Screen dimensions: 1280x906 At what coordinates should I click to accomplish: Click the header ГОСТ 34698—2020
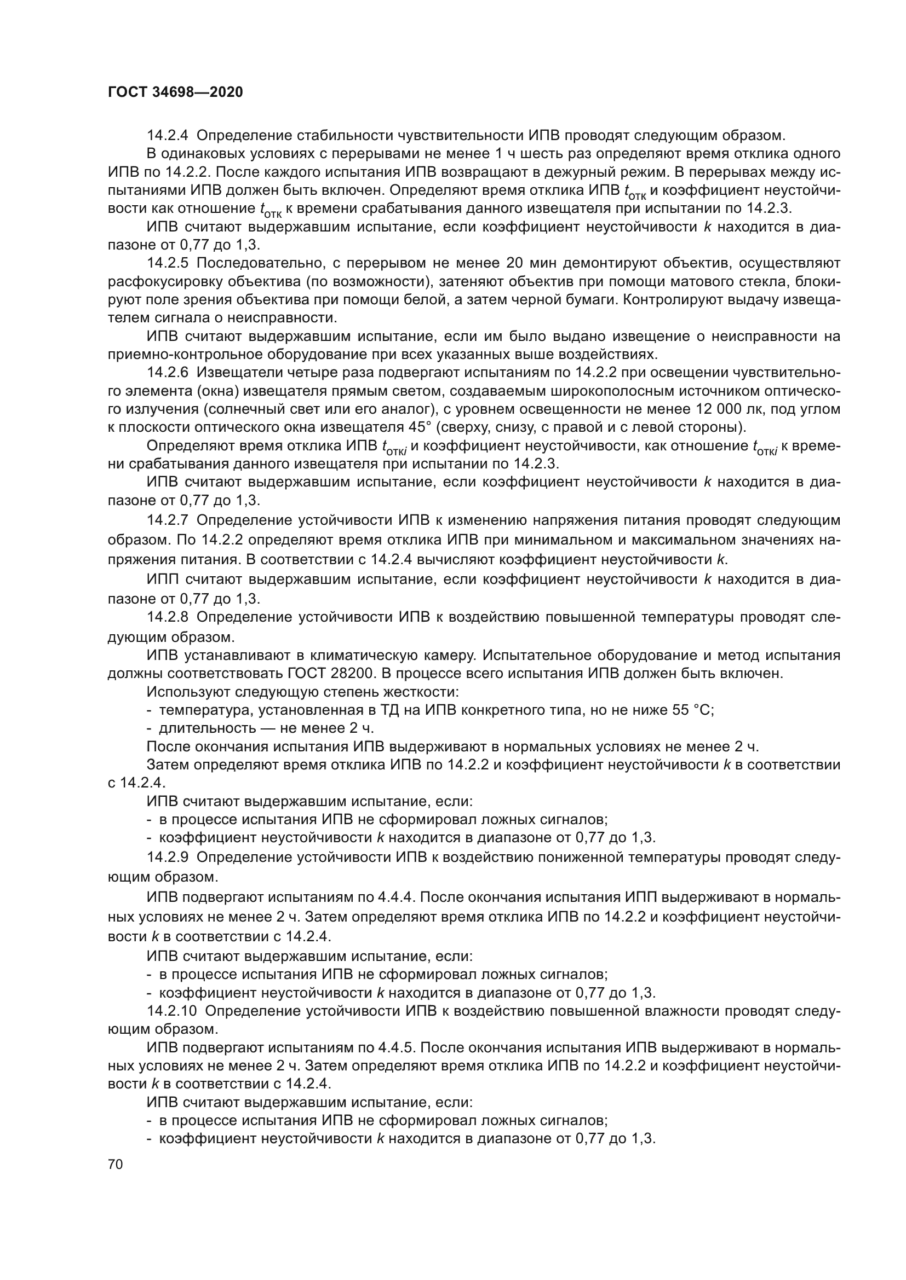click(175, 92)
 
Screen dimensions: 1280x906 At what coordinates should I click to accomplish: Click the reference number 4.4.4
click(395, 897)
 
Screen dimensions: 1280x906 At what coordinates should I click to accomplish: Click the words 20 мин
click(530, 263)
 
